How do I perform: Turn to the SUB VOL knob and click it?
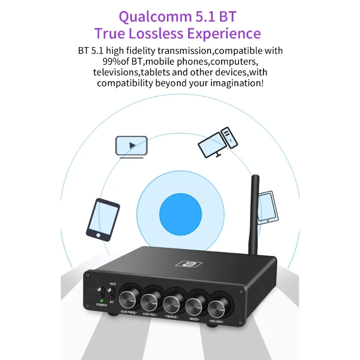[x=150, y=298]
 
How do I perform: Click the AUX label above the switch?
[x=113, y=284]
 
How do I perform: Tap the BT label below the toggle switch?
[x=112, y=302]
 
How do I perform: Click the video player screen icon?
[x=131, y=146]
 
